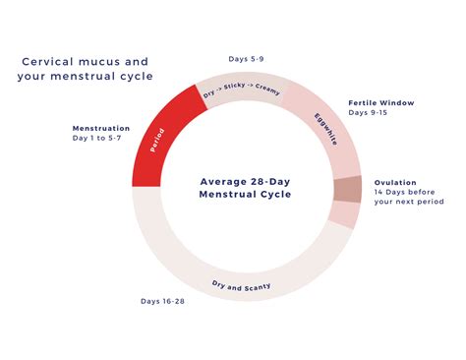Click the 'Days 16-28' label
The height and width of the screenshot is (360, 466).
click(x=163, y=301)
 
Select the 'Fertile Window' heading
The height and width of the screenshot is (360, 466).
click(x=381, y=101)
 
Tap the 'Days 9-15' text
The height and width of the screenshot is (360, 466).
click(x=369, y=113)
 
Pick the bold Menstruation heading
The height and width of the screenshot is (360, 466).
click(x=101, y=128)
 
